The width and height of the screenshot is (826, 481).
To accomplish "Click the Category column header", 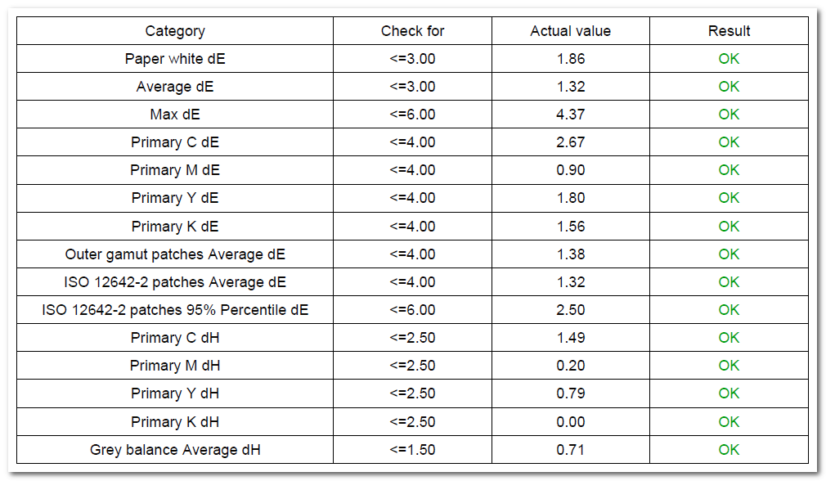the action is point(175,31).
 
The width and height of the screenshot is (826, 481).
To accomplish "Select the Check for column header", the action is point(412,31).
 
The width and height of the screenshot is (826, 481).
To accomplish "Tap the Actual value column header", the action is point(571,31).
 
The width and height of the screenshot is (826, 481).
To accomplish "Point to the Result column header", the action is point(729,31).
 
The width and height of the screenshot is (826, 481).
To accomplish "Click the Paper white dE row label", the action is point(175,58).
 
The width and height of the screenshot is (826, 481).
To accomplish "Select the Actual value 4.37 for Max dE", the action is point(571,115).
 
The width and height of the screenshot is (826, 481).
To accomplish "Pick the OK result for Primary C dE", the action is point(729,142).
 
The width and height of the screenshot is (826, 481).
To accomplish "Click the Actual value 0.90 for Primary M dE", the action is point(571,170).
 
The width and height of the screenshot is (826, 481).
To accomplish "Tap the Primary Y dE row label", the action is point(175,198).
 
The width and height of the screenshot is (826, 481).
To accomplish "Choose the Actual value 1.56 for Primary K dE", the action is point(571,227).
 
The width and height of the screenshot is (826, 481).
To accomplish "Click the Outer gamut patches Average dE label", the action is point(175,254).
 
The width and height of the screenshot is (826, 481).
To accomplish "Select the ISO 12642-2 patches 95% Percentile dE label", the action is point(175,310).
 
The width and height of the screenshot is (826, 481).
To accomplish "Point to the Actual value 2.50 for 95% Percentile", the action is point(571,310).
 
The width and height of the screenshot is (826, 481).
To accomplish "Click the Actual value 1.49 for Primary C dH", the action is point(571,338).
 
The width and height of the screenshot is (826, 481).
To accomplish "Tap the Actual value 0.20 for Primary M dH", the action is point(571,366).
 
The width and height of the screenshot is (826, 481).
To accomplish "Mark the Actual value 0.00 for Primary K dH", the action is point(571,422).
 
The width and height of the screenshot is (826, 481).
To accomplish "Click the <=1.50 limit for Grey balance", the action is point(412,450).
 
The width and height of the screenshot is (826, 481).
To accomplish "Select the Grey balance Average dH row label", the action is point(175,450).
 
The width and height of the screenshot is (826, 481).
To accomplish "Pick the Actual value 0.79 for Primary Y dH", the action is point(571,393).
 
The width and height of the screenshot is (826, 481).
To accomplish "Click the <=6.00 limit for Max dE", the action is point(412,115).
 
